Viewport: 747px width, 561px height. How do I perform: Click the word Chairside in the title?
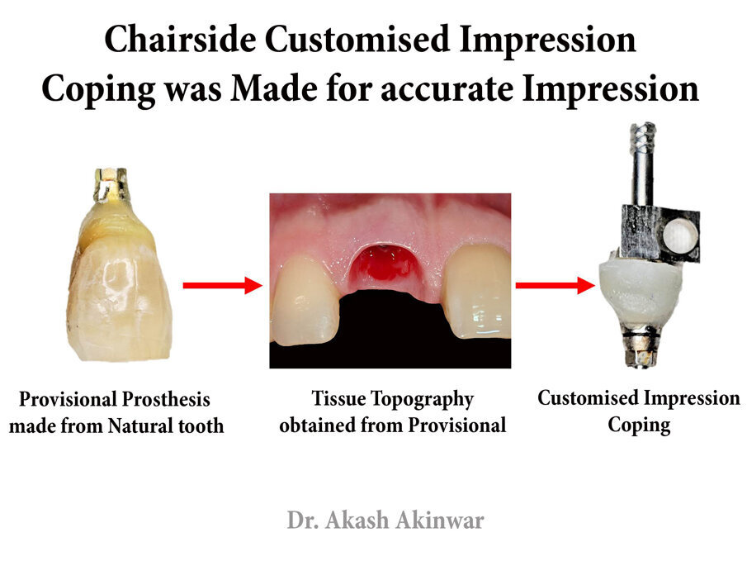click(181, 39)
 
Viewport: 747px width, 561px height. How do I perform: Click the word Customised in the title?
click(357, 39)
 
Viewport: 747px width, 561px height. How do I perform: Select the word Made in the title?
click(273, 88)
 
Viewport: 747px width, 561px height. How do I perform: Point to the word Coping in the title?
click(98, 91)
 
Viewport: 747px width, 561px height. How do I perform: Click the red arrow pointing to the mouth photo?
click(223, 285)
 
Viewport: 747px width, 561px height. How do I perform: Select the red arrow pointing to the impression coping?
click(556, 285)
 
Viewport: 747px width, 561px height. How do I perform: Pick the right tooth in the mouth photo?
click(477, 292)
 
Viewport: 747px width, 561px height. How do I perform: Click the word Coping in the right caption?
click(639, 425)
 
